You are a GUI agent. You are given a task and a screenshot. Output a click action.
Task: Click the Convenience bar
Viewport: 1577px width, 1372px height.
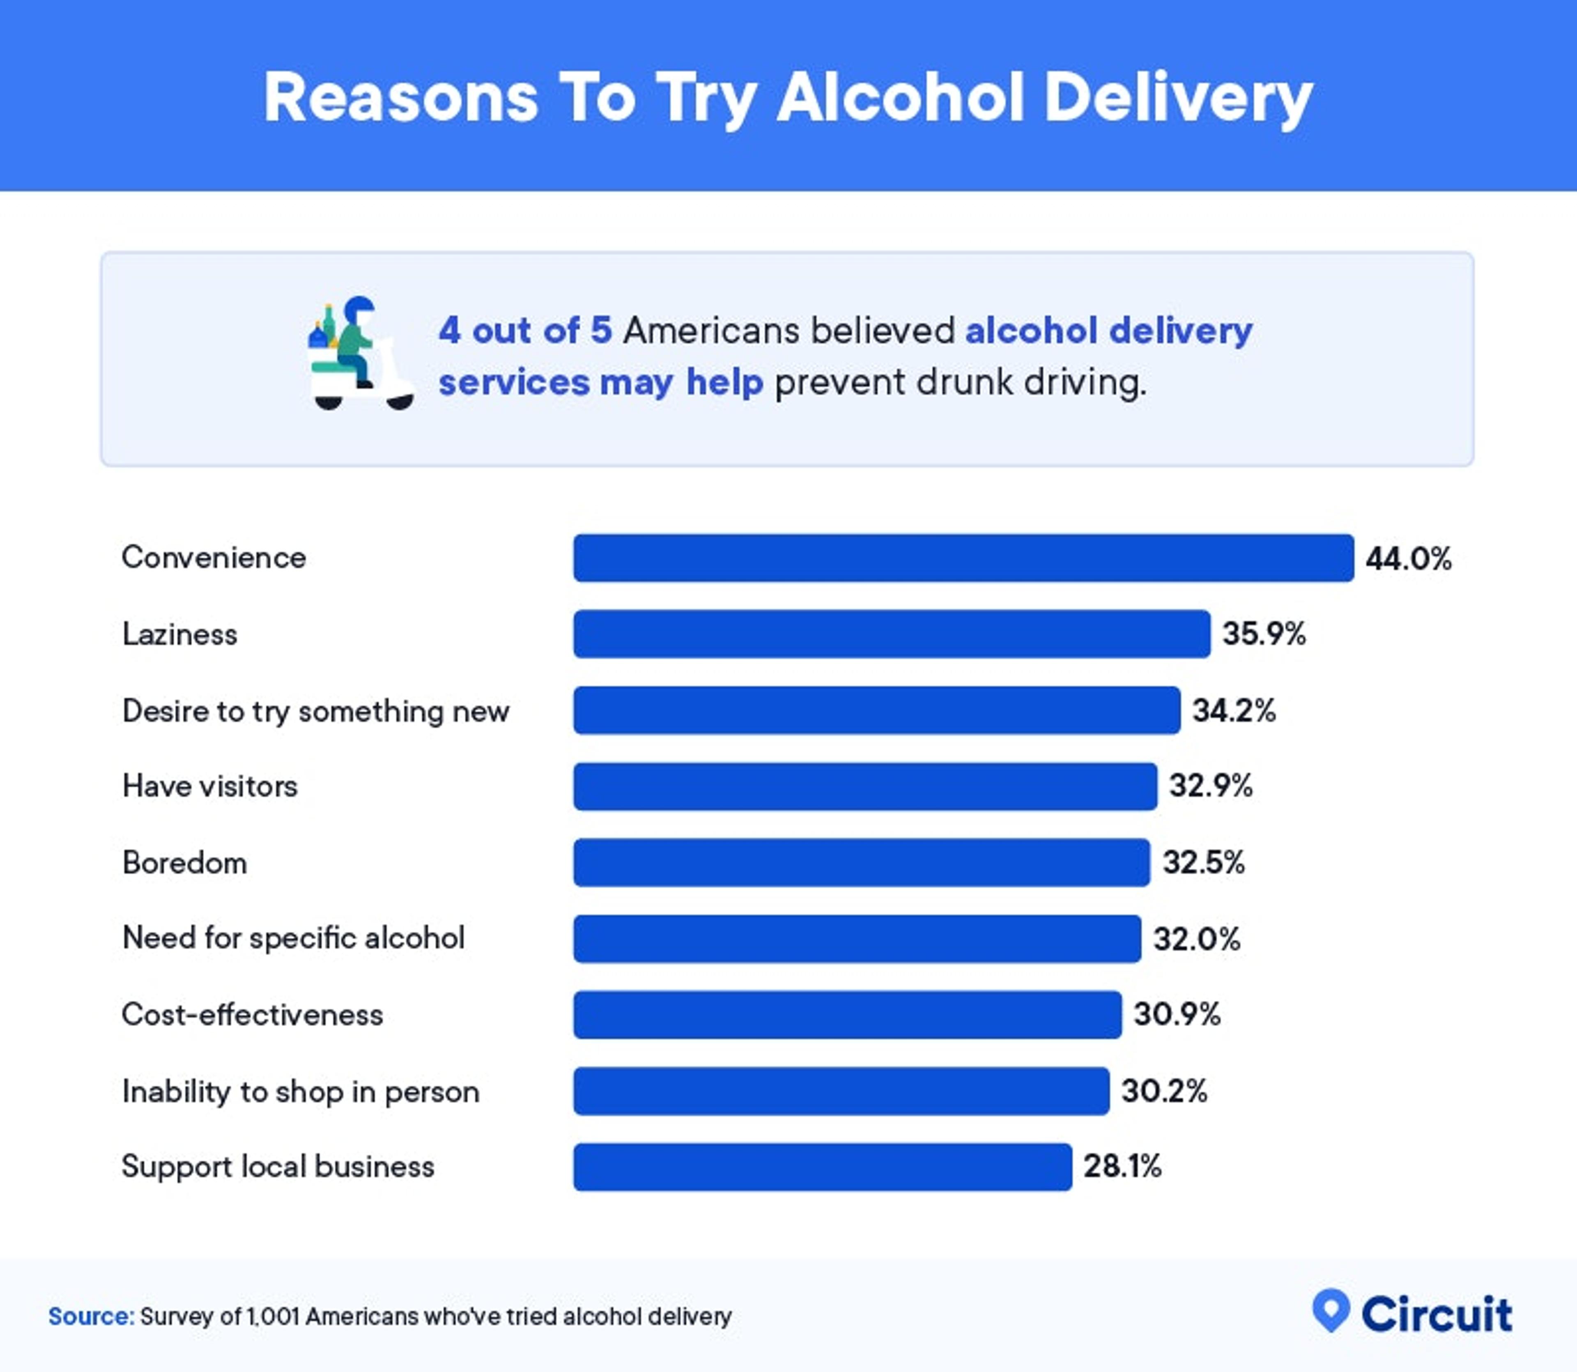(x=963, y=558)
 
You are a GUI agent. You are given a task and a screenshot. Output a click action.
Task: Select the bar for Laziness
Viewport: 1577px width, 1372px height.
(x=892, y=634)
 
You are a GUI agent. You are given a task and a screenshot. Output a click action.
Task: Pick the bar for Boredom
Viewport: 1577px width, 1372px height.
(x=861, y=863)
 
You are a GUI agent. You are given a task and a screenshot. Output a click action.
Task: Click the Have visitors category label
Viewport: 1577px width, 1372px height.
(x=210, y=786)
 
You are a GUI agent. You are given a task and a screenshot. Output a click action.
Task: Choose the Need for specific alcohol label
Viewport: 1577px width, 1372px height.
(x=293, y=938)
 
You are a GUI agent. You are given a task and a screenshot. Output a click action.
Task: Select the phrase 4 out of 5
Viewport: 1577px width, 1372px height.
(x=525, y=331)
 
